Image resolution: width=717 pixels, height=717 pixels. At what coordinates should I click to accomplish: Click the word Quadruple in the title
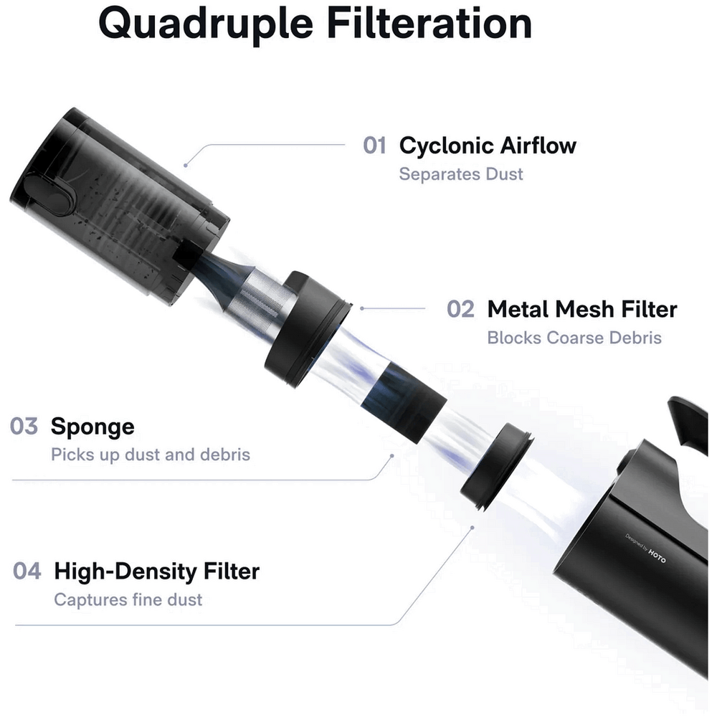[x=206, y=24]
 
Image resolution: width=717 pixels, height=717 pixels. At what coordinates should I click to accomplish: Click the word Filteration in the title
[x=429, y=23]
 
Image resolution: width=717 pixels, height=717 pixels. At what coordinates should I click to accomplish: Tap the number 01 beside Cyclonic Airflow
[x=374, y=146]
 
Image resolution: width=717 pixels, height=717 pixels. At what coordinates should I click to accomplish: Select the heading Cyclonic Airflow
[x=488, y=146]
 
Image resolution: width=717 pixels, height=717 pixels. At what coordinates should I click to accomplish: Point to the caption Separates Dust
[x=461, y=174]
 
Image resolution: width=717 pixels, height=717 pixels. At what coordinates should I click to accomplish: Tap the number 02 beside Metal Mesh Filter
[x=460, y=309]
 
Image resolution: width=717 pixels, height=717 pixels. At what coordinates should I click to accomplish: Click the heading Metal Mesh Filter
[x=582, y=309]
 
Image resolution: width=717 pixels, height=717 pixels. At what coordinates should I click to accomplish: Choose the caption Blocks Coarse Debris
[x=574, y=338]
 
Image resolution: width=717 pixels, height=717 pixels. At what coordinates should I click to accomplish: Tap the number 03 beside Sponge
[x=24, y=426]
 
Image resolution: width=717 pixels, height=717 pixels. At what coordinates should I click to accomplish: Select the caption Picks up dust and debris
[x=151, y=455]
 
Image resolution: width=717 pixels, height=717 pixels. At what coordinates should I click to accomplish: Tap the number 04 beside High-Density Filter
[x=27, y=571]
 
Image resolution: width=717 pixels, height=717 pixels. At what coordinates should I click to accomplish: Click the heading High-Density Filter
[x=157, y=572]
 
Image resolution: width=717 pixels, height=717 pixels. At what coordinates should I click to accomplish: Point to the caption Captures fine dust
[x=128, y=600]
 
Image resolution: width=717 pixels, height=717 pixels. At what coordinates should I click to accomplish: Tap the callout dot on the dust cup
[x=185, y=165]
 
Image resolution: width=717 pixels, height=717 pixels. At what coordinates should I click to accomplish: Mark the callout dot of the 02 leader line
[x=361, y=308]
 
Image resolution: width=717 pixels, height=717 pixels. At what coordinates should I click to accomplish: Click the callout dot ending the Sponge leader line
[x=392, y=456]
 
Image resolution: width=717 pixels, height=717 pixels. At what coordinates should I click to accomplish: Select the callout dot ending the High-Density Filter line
[x=473, y=528]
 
